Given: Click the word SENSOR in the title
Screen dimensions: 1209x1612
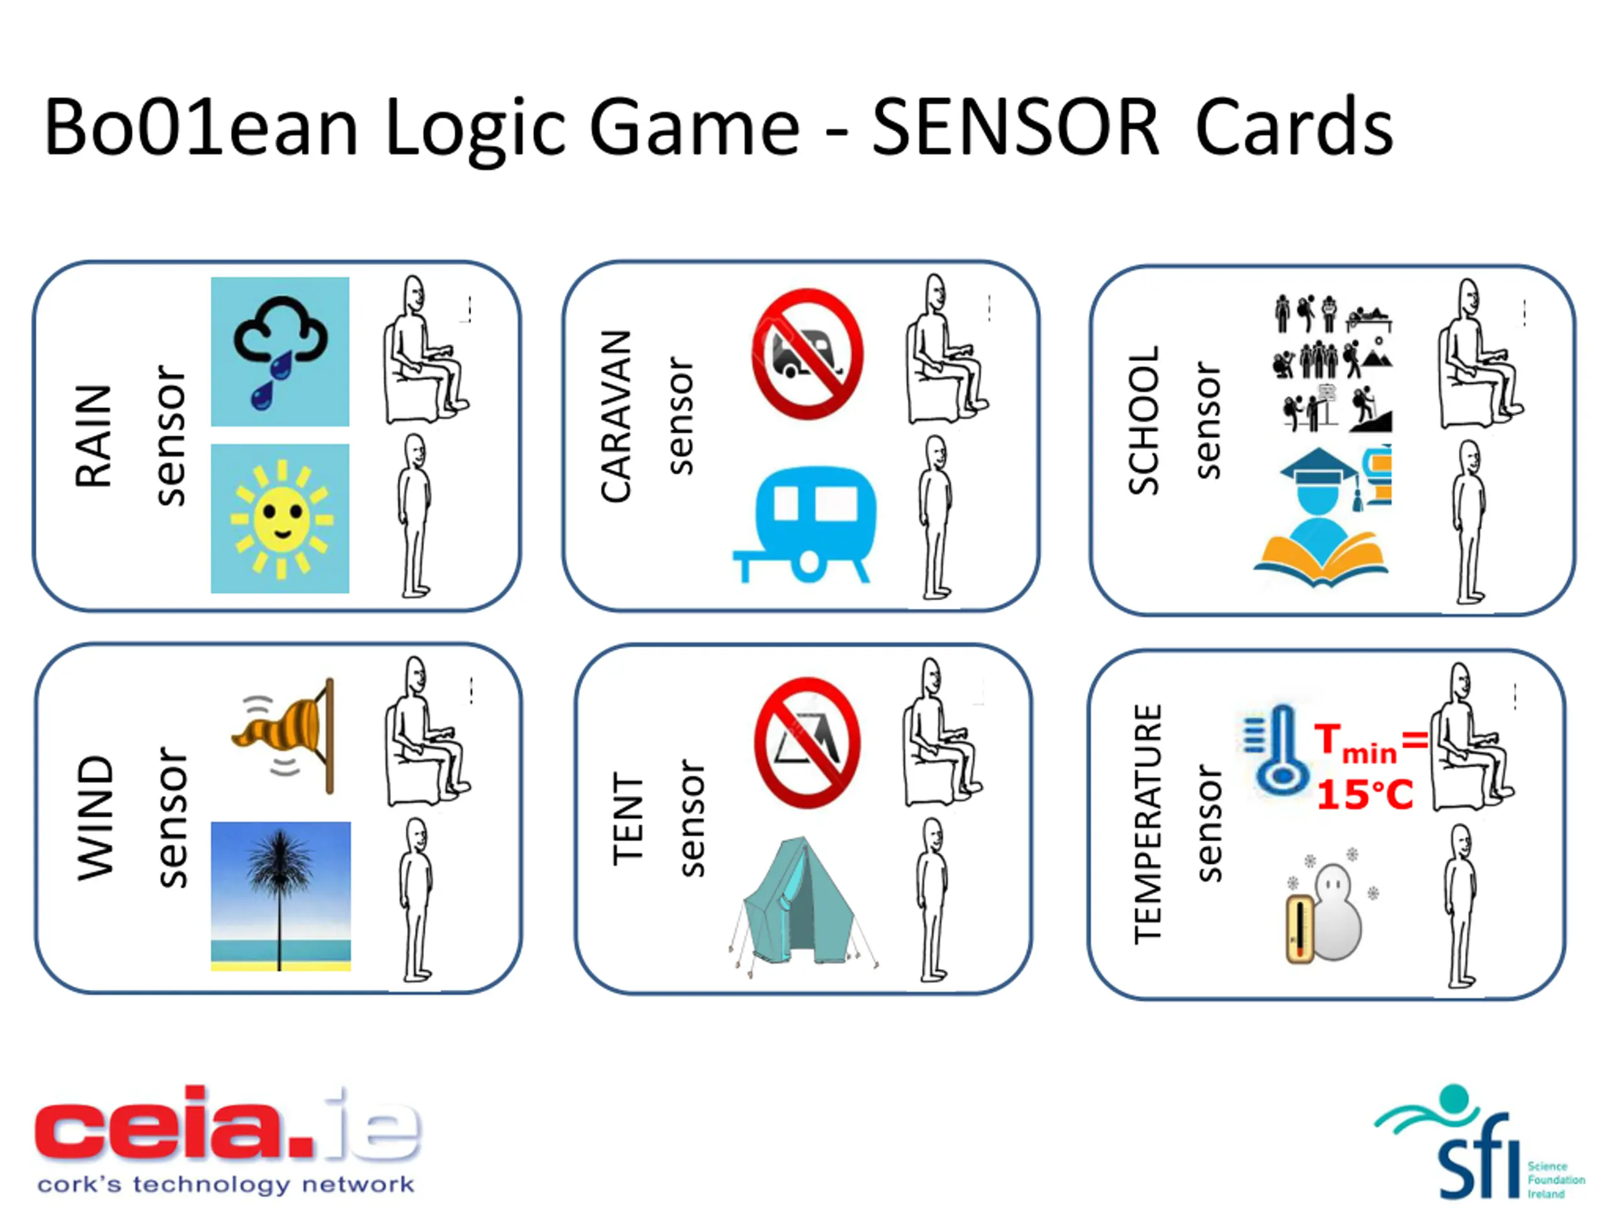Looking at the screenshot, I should [x=1014, y=128].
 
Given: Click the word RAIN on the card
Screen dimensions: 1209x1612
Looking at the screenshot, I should [x=93, y=436].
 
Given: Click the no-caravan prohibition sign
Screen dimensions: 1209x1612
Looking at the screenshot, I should [x=807, y=354].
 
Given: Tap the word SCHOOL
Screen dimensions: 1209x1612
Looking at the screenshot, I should [x=1143, y=420].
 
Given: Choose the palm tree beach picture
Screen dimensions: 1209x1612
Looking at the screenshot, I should [x=281, y=895].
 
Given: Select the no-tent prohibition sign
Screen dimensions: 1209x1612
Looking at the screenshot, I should [x=807, y=742].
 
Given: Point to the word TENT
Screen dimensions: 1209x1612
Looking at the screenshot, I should [x=628, y=819].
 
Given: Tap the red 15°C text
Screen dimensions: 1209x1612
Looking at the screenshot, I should [x=1365, y=794].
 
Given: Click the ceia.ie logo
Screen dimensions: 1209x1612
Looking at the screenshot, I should [x=227, y=1140].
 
